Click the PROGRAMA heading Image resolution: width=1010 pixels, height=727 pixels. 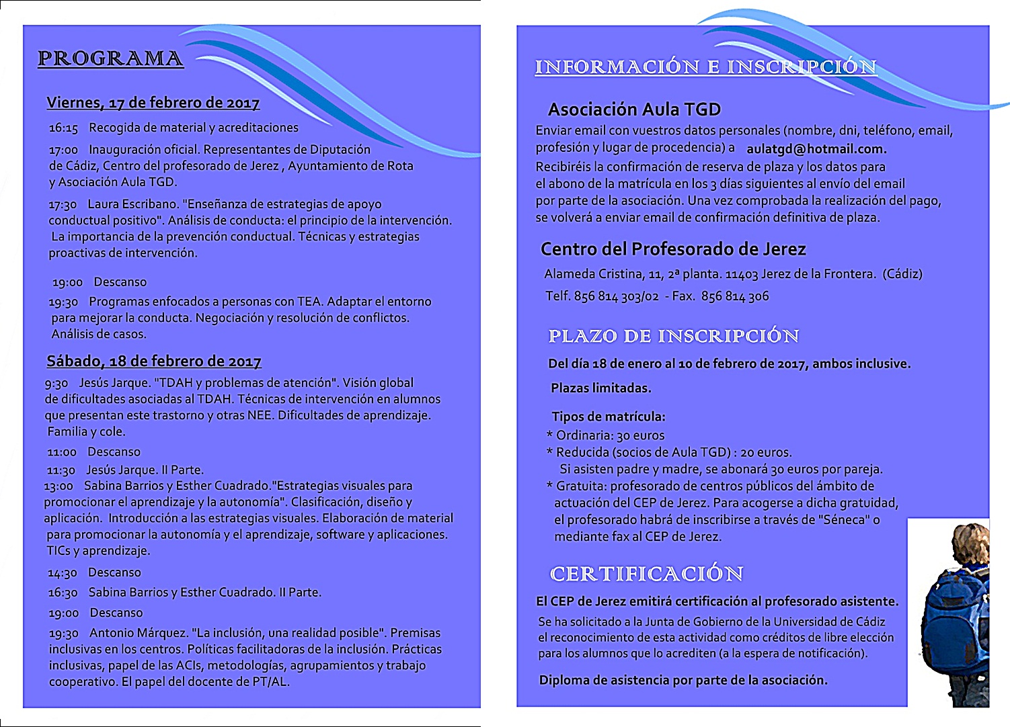click(x=110, y=58)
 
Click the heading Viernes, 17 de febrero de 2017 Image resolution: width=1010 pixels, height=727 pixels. click(x=153, y=103)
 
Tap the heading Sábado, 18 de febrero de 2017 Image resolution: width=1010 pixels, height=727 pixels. click(x=153, y=361)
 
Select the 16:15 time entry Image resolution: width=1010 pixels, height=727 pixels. click(x=63, y=128)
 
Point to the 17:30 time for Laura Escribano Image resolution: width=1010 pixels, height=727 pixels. click(x=63, y=204)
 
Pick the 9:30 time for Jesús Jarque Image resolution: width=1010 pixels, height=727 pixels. click(x=56, y=383)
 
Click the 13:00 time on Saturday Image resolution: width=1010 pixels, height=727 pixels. click(x=59, y=486)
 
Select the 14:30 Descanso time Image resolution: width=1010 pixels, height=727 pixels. click(x=63, y=573)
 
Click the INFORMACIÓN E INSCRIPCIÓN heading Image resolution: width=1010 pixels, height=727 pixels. click(x=706, y=67)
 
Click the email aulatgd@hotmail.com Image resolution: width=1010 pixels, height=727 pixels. click(x=816, y=149)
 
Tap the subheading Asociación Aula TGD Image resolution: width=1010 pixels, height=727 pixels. click(x=634, y=110)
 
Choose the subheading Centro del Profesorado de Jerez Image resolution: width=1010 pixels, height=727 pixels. click(x=673, y=249)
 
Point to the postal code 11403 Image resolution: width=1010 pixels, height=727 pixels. click(x=742, y=274)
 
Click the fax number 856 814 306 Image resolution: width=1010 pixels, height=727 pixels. click(x=735, y=296)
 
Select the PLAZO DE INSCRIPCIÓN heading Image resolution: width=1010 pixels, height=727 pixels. click(x=674, y=336)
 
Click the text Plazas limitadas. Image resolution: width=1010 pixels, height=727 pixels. click(x=600, y=388)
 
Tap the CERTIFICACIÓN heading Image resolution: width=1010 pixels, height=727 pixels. click(x=647, y=574)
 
